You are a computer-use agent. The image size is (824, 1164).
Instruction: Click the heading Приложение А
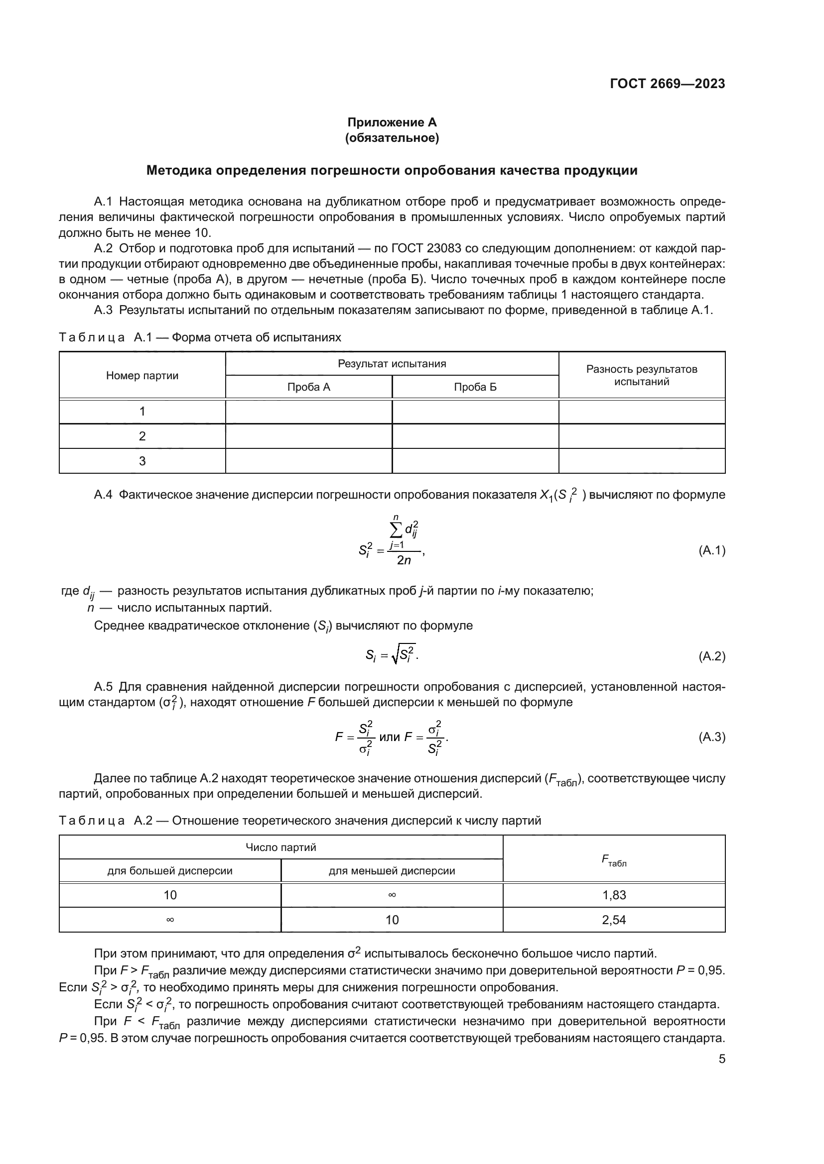tap(392, 122)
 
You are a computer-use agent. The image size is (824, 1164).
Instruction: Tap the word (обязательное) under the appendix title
tap(392, 138)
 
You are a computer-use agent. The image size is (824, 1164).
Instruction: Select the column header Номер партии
tap(142, 376)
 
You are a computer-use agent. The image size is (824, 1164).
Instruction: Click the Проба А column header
tap(308, 387)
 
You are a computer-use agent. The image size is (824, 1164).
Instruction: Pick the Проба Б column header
tap(475, 387)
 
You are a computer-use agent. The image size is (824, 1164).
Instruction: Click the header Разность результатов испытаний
tap(641, 375)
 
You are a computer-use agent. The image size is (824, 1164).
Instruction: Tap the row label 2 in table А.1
tap(142, 436)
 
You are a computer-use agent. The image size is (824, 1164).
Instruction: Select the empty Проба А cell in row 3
tap(308, 461)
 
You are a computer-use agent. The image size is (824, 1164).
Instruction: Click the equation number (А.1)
tap(712, 550)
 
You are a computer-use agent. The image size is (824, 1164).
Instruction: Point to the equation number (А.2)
tap(712, 656)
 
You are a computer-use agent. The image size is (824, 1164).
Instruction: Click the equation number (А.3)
tap(712, 737)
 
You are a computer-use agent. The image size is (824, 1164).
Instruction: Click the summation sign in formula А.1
tap(396, 530)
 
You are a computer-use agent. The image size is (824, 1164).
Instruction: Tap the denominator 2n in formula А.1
tap(404, 561)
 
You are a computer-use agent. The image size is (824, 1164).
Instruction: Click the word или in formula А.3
tap(389, 737)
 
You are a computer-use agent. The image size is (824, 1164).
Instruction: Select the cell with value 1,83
tap(614, 895)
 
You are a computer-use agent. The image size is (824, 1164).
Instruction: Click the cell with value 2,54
tap(614, 920)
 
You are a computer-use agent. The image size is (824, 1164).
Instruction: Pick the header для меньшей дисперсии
tap(392, 871)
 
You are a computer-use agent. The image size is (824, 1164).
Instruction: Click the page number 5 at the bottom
tap(721, 1059)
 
